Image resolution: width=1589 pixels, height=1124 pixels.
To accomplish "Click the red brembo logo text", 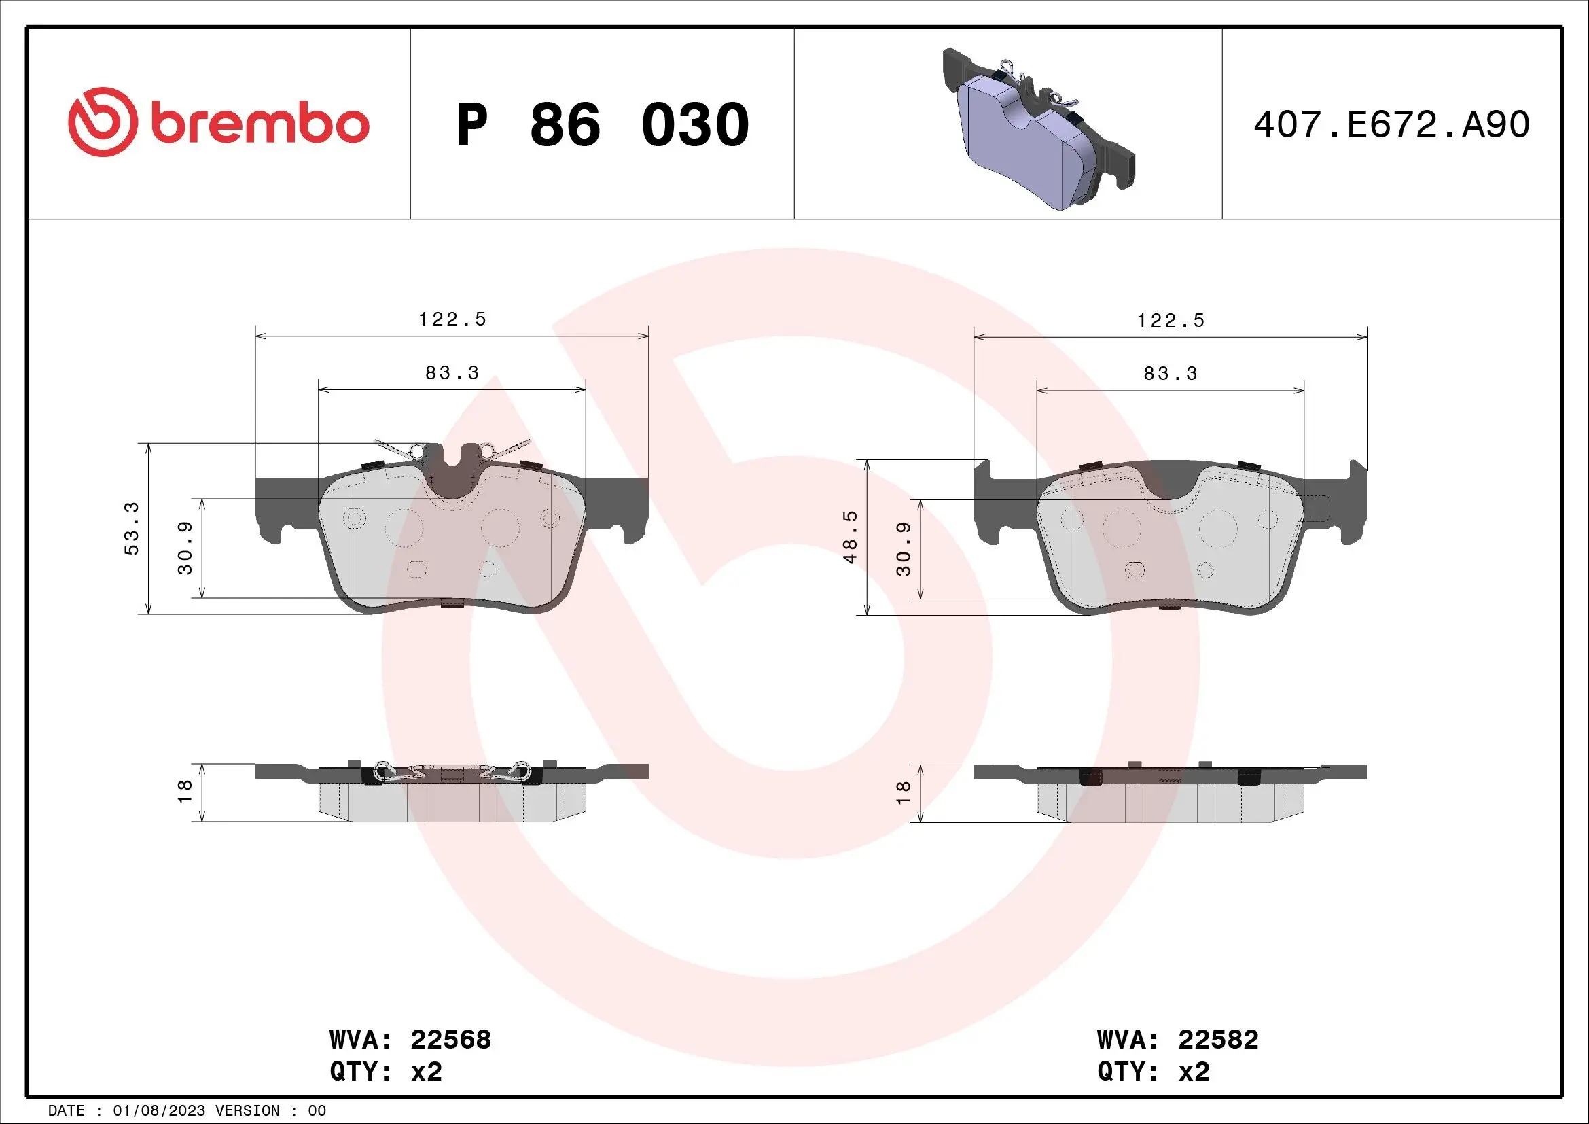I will pos(259,124).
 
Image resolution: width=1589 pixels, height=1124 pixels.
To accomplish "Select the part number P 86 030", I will pos(602,125).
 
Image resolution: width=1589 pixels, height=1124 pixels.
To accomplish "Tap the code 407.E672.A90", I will pos(1391,125).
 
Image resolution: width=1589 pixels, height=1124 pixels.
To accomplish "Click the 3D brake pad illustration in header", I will pos(1038,128).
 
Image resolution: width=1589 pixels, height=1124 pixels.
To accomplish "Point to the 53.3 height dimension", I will pos(132,529).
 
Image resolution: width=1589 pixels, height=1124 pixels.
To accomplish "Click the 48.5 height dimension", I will pos(850,537).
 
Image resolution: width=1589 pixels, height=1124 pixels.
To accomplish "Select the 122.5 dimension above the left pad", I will pos(452,319).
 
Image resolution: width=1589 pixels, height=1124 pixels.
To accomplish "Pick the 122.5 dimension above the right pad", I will pos(1171,321).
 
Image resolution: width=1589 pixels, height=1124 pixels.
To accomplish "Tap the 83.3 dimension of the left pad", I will pos(452,373).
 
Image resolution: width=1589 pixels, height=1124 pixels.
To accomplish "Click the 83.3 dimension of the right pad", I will pos(1171,374).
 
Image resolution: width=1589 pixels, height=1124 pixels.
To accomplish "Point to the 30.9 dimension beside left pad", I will pos(185,548).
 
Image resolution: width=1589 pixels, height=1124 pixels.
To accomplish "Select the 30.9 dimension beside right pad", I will pos(904,550).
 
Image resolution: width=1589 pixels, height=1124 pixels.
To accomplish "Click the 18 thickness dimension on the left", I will pos(185,792).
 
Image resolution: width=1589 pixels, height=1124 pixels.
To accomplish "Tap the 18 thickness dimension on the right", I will pos(903,793).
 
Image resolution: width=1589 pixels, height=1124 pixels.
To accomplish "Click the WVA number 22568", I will pos(450,1040).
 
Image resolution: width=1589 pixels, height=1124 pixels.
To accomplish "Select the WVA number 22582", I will pos(1218,1040).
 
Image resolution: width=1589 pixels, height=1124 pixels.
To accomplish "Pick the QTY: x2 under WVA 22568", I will pos(385,1072).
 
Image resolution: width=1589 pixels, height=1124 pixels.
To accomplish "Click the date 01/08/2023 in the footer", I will pos(158,1111).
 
